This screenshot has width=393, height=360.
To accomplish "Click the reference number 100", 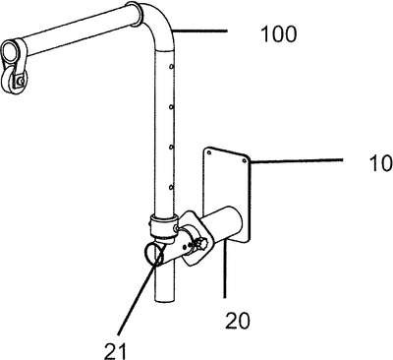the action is pos(279,34).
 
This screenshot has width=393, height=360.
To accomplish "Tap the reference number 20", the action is pos(238,321).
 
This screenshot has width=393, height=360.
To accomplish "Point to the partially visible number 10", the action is pos(381,163).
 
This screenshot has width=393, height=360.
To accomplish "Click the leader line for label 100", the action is pos(199,31).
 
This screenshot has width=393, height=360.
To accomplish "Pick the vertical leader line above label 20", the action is pos(225,269).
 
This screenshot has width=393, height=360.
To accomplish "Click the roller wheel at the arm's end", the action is pos(14,84).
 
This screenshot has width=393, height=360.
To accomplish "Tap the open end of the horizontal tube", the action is pos(10,52).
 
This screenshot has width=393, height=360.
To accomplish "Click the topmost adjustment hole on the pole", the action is pos(171,67).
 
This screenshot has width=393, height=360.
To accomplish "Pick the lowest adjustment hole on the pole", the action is pos(171,187).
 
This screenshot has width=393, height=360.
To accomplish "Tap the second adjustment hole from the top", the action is pos(171,107).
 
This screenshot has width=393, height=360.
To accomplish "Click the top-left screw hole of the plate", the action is pos(209,152).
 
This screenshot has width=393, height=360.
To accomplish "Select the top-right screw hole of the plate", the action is pos(244,160).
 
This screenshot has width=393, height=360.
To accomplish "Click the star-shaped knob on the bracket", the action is pos(200,244).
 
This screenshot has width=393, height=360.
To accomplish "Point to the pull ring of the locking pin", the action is pos(153,254).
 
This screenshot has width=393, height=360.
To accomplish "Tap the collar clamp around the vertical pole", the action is pos(164,225).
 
